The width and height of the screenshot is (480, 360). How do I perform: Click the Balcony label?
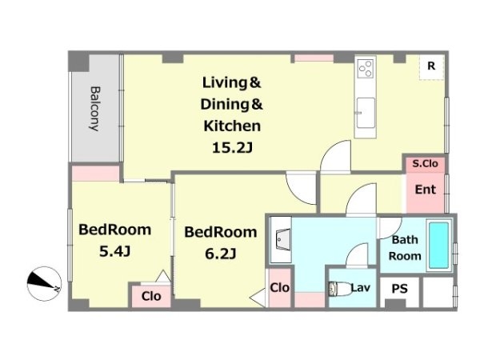pos(95,109)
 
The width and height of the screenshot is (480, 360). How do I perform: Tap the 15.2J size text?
pos(232,149)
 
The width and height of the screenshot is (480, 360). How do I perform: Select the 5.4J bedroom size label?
pos(114,252)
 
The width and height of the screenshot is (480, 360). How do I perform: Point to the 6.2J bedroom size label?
pos(221,254)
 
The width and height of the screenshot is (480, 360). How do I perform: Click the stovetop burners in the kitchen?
pos(366,68)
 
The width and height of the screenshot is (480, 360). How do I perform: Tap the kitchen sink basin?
pos(366,113)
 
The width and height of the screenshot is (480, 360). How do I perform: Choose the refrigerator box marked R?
pos(431,67)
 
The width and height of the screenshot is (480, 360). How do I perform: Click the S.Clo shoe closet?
pos(426,164)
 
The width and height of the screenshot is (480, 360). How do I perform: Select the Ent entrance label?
pos(426,190)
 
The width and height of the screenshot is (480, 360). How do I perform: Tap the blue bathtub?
pos(438,246)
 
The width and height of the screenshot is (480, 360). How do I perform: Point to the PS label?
pos(400,289)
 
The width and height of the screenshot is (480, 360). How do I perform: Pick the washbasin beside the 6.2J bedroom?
pos(281,239)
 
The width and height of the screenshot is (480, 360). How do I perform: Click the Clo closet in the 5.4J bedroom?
pos(151,296)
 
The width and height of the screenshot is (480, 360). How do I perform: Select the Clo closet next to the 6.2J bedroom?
pos(279,288)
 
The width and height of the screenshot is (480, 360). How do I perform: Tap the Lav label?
pos(360,288)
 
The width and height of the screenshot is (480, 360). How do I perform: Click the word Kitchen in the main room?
pos(232,126)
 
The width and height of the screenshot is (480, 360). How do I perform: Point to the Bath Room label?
pos(405,248)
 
